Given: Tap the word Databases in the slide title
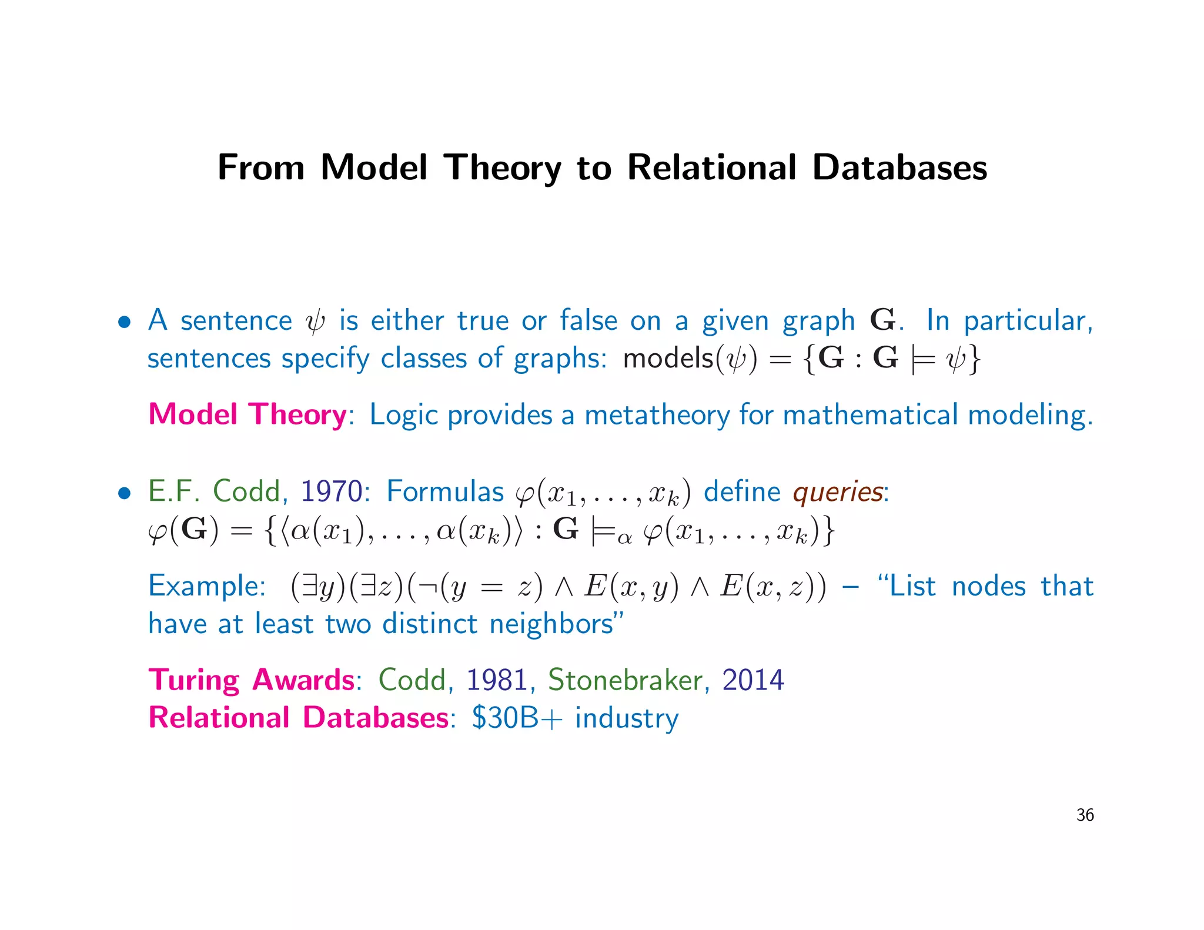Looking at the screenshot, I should pyautogui.click(x=899, y=168).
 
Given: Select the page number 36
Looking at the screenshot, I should pyautogui.click(x=1085, y=815).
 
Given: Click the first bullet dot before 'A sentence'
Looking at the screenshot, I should pyautogui.click(x=124, y=322).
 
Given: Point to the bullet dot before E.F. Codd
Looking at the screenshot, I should pyautogui.click(x=124, y=493).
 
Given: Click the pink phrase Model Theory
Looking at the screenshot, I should pyautogui.click(x=248, y=414).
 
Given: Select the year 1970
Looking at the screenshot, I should pyautogui.click(x=332, y=491).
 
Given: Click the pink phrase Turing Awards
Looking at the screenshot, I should pyautogui.click(x=251, y=680).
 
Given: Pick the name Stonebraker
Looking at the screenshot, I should pyautogui.click(x=625, y=680).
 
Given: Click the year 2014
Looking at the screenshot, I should pyautogui.click(x=752, y=680).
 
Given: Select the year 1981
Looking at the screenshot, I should pyautogui.click(x=497, y=680).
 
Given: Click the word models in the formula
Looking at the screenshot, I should pyautogui.click(x=668, y=358).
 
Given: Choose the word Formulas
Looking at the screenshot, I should pyautogui.click(x=445, y=491).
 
